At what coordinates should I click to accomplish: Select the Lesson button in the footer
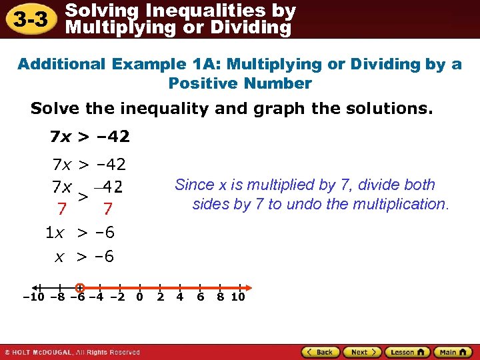click(407, 352)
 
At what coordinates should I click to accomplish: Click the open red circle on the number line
click(79, 288)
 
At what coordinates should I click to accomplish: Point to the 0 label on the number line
click(139, 297)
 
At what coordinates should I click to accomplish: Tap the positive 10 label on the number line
click(238, 297)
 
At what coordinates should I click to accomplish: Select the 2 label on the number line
click(160, 297)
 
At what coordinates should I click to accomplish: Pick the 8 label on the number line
click(220, 297)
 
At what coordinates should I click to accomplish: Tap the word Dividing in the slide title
click(255, 27)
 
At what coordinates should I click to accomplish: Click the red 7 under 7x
click(61, 209)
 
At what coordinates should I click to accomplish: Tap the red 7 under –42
click(107, 209)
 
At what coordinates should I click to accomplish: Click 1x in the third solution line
click(54, 233)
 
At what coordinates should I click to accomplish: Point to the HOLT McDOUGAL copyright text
click(73, 352)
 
